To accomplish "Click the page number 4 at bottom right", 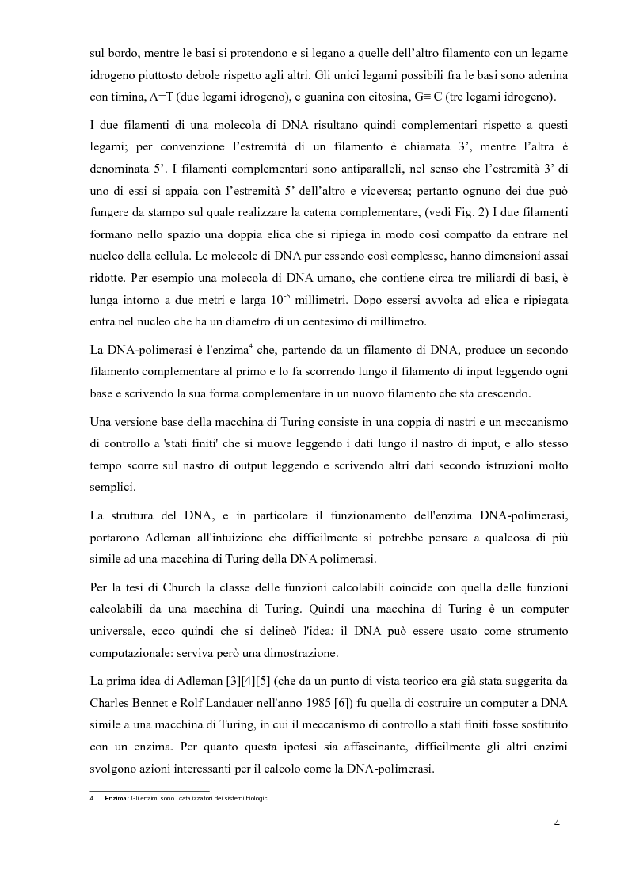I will (x=557, y=823).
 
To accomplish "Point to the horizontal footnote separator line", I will (x=150, y=790).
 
